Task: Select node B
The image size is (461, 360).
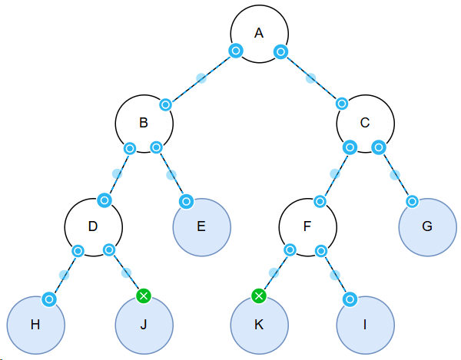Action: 144,122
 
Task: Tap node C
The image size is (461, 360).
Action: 365,122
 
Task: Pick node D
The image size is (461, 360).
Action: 93,226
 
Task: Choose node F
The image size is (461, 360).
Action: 307,226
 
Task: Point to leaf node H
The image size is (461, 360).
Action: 35,325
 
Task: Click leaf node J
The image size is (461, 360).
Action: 143,325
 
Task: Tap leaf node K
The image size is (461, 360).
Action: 259,325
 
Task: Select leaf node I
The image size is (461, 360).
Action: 365,325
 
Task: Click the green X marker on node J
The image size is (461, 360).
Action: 142,296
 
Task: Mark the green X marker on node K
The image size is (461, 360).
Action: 259,296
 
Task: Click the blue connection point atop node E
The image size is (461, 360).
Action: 185,201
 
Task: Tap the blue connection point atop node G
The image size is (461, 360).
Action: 411,201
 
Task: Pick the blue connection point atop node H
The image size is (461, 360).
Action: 48,298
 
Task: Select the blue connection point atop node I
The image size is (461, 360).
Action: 350,298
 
